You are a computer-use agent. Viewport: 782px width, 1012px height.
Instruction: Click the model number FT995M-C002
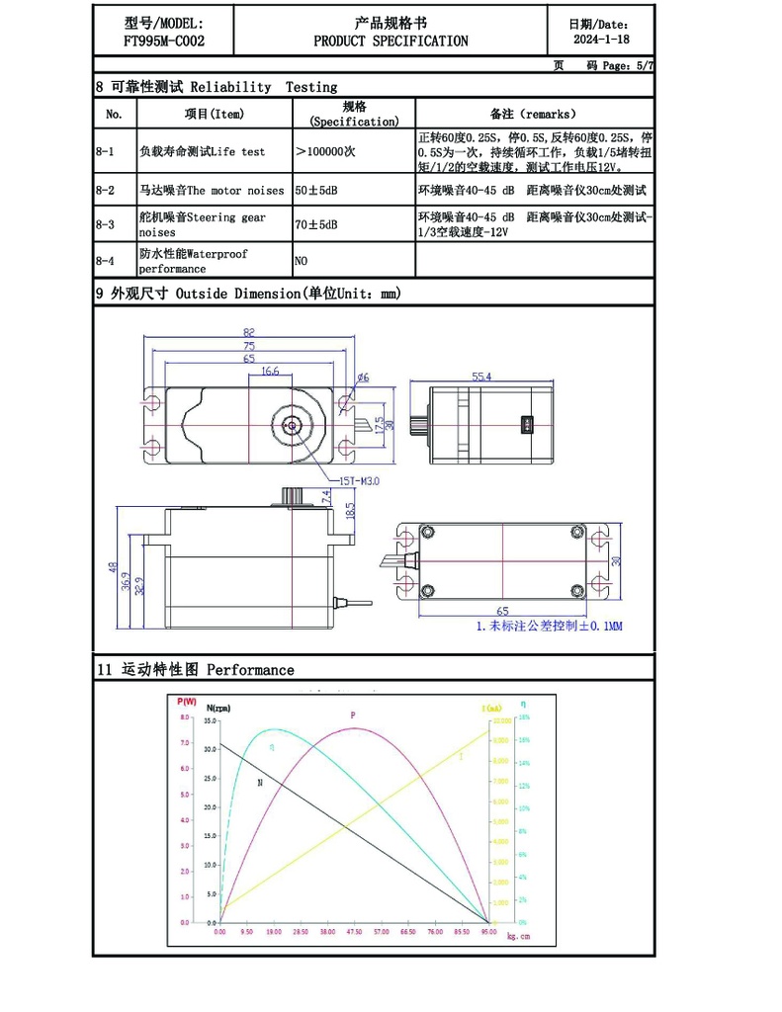(163, 42)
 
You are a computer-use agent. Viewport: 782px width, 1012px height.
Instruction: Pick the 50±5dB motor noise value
(316, 190)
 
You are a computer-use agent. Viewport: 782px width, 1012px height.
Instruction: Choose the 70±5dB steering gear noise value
(316, 225)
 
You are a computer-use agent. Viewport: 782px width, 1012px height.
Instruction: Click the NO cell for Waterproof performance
(302, 261)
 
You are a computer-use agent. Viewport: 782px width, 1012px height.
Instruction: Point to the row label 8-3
(105, 225)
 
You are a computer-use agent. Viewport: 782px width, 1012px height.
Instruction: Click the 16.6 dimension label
(270, 372)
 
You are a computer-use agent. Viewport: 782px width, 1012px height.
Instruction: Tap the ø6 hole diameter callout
(362, 378)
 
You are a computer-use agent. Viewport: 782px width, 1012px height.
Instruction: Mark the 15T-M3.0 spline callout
(362, 482)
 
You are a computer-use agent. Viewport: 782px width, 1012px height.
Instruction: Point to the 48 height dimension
(114, 568)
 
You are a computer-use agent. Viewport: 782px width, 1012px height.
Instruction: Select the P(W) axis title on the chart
(186, 702)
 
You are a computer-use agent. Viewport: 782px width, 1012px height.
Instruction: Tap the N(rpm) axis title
(218, 708)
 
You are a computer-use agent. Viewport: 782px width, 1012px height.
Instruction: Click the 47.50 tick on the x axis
(354, 932)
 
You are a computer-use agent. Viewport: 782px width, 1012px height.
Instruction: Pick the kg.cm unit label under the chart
(519, 937)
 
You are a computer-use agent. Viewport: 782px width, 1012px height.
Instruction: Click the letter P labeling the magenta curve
(353, 715)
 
